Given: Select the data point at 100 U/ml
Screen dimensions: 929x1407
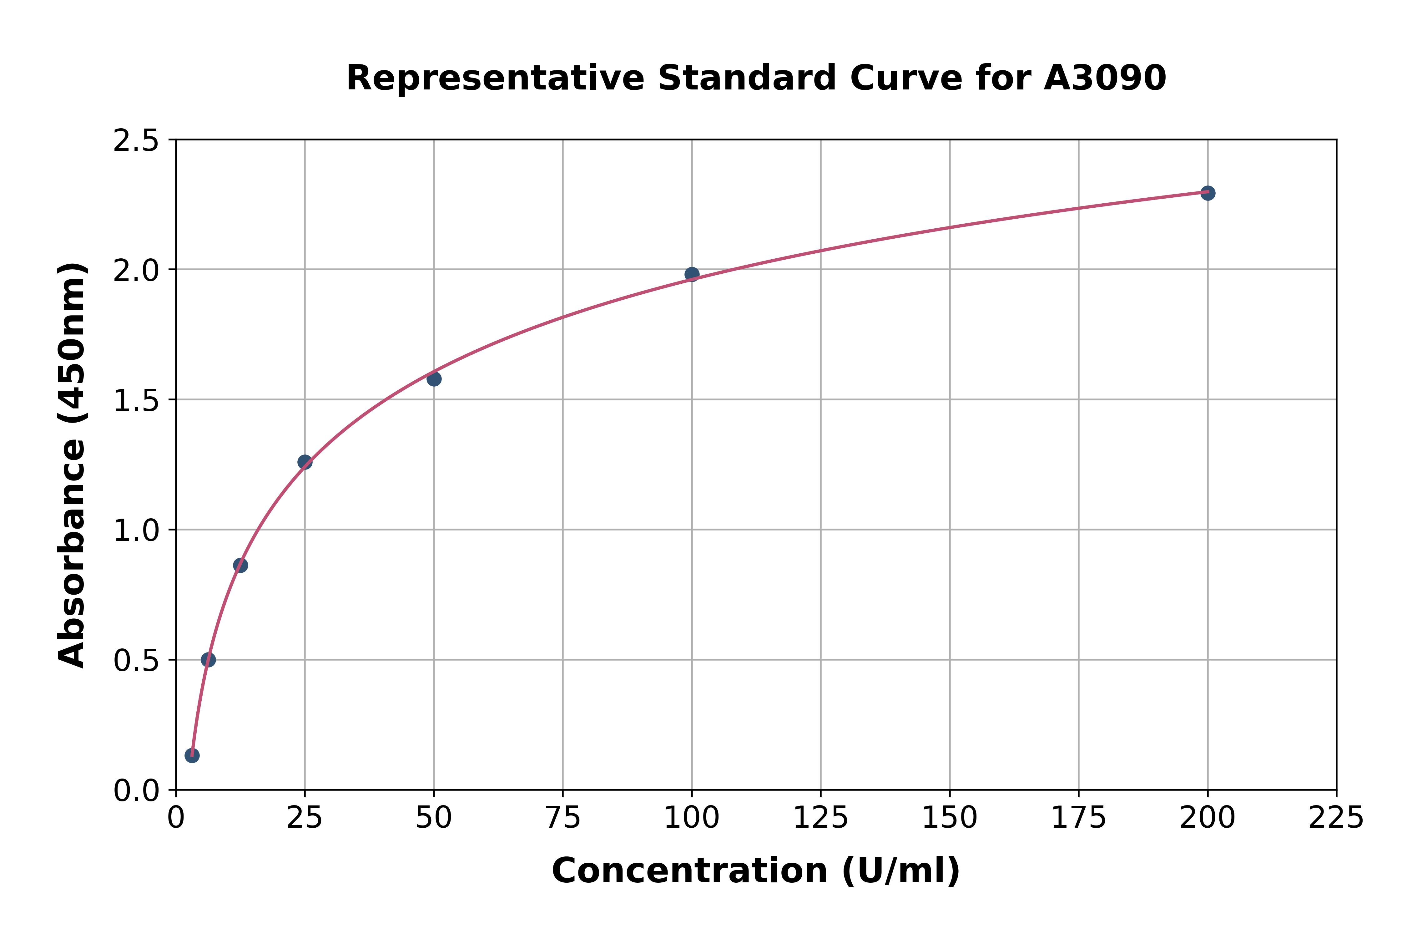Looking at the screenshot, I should click(x=692, y=274).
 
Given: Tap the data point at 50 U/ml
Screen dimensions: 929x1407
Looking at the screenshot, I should click(x=434, y=378).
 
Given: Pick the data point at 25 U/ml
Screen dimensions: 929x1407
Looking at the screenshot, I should click(x=305, y=462).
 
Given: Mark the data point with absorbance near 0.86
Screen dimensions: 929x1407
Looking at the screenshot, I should click(x=240, y=565).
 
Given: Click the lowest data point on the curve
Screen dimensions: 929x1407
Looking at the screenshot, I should click(x=192, y=755).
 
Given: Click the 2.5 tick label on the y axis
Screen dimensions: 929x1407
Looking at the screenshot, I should click(x=136, y=141).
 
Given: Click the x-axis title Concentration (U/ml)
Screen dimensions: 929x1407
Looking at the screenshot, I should click(x=756, y=871).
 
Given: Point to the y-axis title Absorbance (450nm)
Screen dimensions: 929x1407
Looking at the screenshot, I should click(x=72, y=465).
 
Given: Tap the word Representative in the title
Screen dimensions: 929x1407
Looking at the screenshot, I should click(x=495, y=78).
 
